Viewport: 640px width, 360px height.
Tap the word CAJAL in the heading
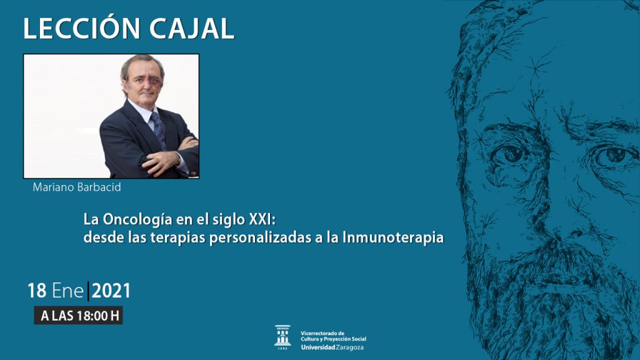191,29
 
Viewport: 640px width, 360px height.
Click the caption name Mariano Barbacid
77,187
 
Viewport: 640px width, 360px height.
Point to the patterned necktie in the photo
159,130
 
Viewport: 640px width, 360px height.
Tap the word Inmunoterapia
393,237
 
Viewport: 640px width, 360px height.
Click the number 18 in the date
37,291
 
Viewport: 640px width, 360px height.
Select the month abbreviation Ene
67,291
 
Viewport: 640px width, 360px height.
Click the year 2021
111,291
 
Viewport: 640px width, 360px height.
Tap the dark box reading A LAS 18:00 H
78,316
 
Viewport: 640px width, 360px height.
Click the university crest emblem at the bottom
282,337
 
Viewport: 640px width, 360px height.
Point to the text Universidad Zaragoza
332,347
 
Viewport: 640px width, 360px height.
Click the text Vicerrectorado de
322,334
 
